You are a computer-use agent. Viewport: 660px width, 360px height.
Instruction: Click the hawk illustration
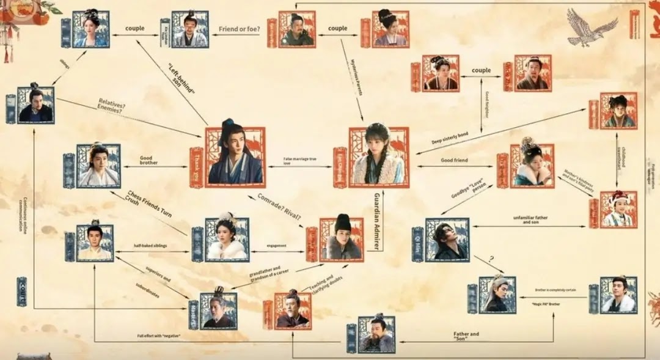point(590,27)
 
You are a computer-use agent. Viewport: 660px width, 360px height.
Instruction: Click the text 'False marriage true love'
point(300,161)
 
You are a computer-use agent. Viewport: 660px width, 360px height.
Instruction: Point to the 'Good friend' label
point(455,160)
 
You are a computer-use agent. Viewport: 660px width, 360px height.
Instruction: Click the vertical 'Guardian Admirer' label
point(377,220)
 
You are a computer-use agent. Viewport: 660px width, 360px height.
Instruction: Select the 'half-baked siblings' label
point(150,246)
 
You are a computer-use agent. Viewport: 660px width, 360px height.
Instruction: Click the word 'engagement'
point(276,246)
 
